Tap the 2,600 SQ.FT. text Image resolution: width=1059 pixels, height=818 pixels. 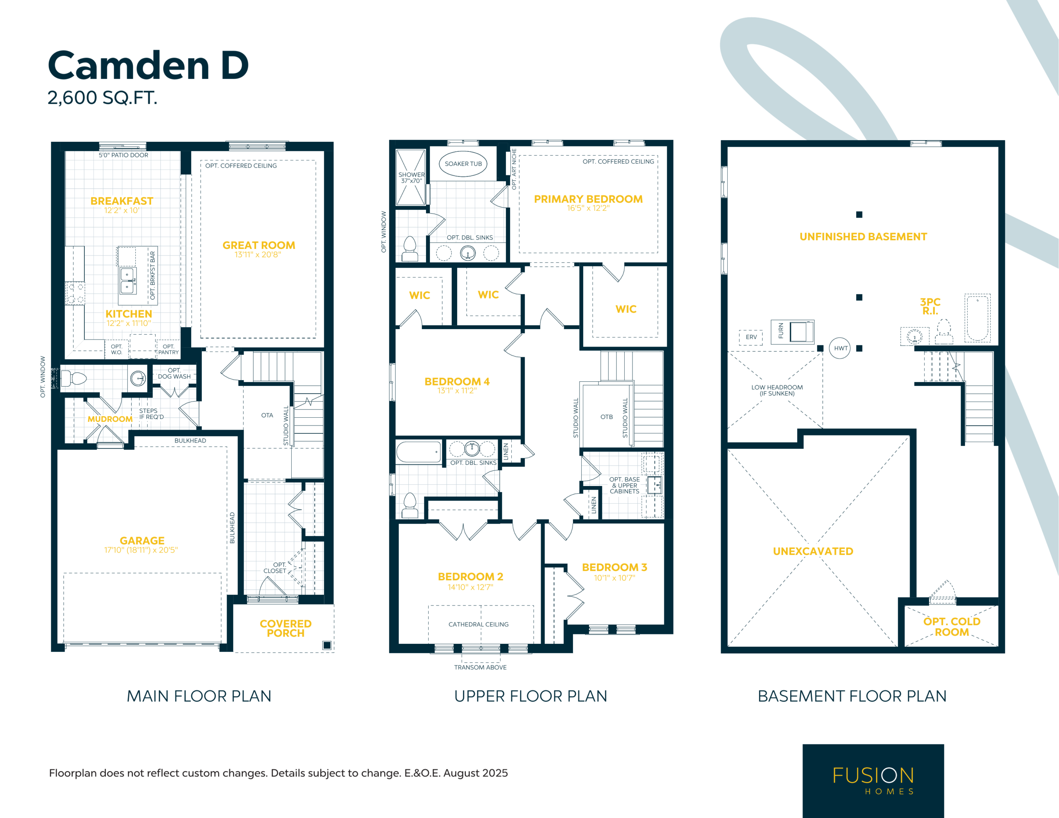click(x=102, y=98)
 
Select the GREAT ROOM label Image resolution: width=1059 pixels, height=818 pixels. click(x=259, y=245)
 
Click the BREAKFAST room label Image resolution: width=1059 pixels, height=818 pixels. click(x=122, y=201)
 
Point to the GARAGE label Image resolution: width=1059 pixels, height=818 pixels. click(x=142, y=541)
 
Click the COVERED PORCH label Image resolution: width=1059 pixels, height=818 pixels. click(x=285, y=629)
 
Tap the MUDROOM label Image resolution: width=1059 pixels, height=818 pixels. click(x=110, y=419)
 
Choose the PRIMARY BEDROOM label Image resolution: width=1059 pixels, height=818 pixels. click(x=588, y=199)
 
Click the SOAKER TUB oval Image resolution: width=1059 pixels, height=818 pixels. click(x=463, y=164)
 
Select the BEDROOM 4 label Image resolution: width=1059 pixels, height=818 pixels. click(x=457, y=382)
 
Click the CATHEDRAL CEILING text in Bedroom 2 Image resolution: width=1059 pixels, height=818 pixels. click(x=479, y=624)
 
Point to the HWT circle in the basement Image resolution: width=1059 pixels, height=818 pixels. click(x=840, y=348)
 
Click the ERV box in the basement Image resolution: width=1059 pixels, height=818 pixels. click(x=751, y=337)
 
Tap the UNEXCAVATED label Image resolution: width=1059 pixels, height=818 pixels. click(x=813, y=551)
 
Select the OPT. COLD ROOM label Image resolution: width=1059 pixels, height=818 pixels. click(x=952, y=627)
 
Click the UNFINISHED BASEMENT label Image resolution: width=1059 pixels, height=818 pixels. click(x=863, y=237)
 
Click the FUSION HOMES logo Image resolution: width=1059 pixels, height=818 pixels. click(x=873, y=780)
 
